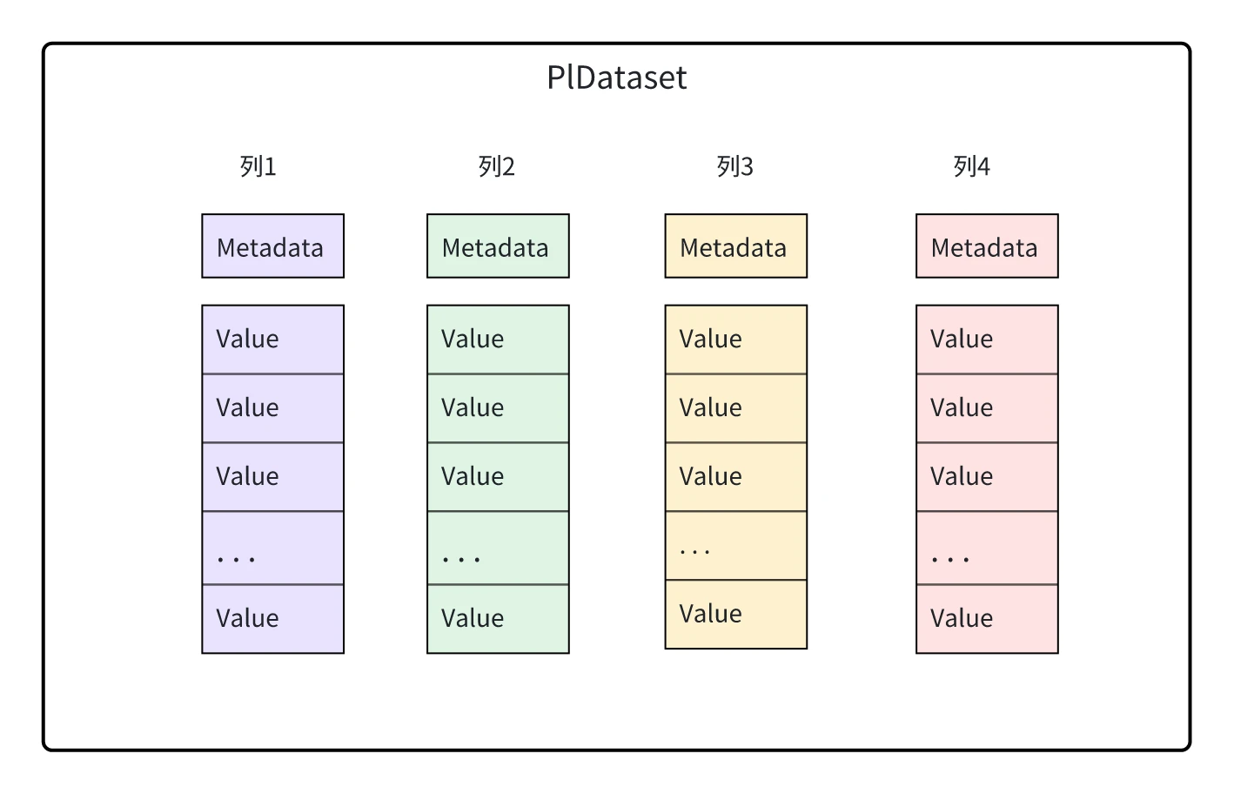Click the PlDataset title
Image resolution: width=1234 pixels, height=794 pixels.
coord(616,77)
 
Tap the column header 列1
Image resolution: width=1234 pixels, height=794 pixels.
coord(258,166)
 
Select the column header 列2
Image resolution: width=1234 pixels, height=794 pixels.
coord(496,166)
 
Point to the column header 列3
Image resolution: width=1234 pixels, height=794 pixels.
coord(734,166)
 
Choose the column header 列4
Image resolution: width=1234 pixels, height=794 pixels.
coord(972,166)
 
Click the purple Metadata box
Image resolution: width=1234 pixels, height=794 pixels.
coord(272,246)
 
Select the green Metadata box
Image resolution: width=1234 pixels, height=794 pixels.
coord(498,246)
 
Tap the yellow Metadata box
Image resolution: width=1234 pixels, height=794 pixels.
coord(736,246)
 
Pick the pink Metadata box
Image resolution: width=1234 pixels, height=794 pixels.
coord(987,246)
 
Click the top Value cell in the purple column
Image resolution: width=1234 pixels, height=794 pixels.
coord(272,340)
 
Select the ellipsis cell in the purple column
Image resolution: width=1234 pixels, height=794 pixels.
coord(272,548)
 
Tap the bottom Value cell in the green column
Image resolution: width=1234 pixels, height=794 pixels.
coord(498,619)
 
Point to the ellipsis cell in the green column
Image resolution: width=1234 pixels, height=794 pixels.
coord(498,548)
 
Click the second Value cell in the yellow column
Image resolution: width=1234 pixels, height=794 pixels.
coord(736,408)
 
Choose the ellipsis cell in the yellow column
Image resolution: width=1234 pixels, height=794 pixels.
coord(736,546)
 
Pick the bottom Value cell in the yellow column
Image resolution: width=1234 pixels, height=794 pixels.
coord(736,615)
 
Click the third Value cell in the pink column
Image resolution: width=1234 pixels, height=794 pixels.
coord(987,477)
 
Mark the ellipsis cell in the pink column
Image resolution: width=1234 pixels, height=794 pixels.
coord(987,548)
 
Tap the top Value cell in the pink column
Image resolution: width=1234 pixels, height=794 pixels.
coord(987,340)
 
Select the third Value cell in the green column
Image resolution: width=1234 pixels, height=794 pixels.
coord(498,477)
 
